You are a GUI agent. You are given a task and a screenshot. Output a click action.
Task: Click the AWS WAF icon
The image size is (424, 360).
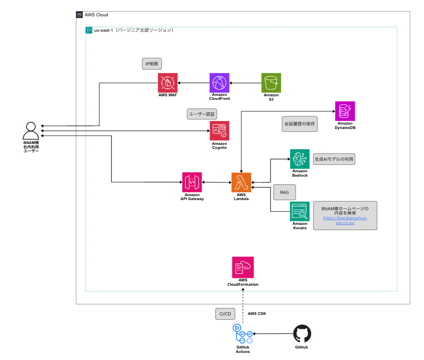[168, 83]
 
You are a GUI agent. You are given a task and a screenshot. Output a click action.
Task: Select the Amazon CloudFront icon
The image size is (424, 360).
[219, 83]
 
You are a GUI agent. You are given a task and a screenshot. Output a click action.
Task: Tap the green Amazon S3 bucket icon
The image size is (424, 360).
[271, 83]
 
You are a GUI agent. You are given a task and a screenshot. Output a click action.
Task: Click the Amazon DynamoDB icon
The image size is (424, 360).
[345, 111]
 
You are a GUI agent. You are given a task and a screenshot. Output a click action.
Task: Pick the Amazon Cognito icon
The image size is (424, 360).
[219, 131]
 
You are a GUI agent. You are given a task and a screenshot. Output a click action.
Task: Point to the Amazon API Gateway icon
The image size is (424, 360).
[192, 182]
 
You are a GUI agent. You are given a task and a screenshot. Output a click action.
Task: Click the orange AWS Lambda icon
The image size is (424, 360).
[241, 182]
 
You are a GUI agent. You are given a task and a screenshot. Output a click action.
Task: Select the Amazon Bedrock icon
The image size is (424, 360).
[299, 159]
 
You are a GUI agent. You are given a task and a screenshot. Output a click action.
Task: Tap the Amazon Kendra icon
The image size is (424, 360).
[299, 211]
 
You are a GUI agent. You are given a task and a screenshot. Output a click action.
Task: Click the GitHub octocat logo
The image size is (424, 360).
[302, 334]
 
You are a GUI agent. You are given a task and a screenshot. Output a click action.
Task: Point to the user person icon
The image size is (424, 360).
[31, 130]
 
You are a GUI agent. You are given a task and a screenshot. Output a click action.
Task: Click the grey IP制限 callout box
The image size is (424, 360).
[152, 64]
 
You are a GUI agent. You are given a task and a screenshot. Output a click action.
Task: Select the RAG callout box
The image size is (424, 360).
[285, 193]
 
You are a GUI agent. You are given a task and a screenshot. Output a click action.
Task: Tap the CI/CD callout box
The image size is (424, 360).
[225, 314]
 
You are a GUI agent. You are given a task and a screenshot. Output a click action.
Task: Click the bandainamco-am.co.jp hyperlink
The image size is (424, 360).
[345, 220]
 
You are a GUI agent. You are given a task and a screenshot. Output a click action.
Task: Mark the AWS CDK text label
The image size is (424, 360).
[257, 314]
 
